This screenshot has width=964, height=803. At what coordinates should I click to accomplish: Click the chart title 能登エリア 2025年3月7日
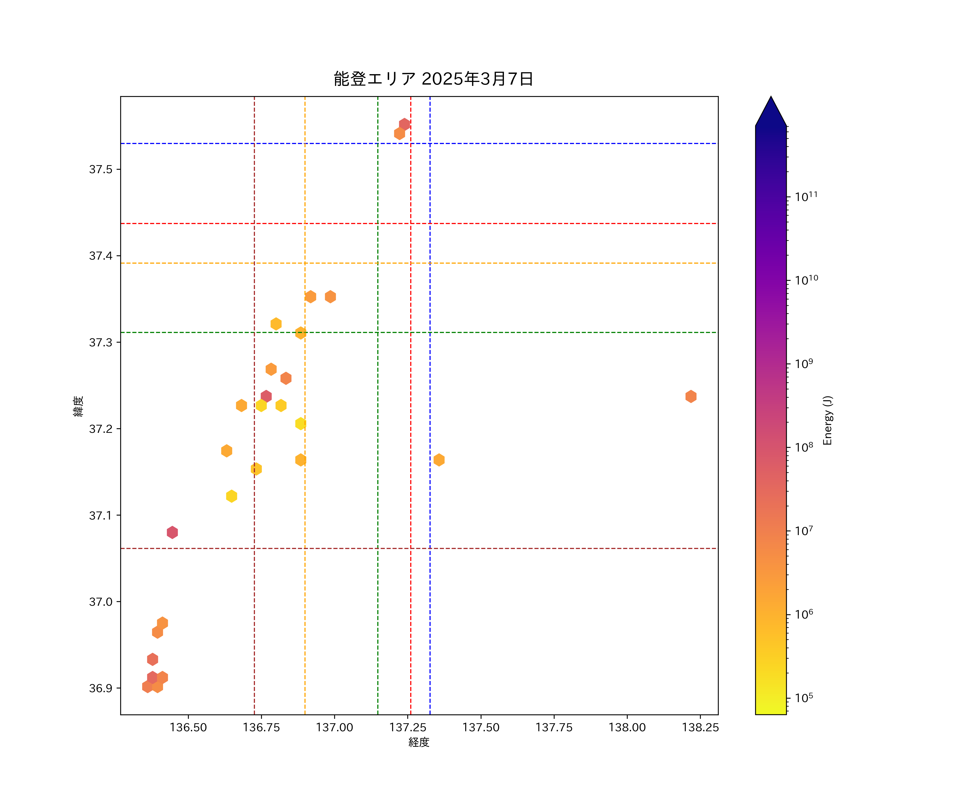pyautogui.click(x=433, y=79)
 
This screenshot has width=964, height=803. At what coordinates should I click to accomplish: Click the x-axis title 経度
pyautogui.click(x=419, y=742)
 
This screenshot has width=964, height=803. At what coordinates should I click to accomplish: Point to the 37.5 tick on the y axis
pyautogui.click(x=100, y=169)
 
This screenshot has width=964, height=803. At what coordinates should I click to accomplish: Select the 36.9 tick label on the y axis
pyautogui.click(x=100, y=688)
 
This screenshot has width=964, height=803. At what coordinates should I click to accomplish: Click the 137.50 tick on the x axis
pyautogui.click(x=481, y=727)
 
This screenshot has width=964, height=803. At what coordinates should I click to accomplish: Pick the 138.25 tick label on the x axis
pyautogui.click(x=700, y=727)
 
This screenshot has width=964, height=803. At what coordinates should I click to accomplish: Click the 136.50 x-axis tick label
pyautogui.click(x=188, y=727)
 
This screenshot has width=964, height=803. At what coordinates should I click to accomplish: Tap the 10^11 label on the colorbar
pyautogui.click(x=806, y=197)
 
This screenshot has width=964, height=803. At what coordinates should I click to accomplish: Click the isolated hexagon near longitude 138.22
pyautogui.click(x=691, y=396)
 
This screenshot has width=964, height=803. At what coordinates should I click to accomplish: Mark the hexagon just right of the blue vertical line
pyautogui.click(x=439, y=460)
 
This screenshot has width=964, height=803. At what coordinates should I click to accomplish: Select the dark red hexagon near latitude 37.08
pyautogui.click(x=172, y=532)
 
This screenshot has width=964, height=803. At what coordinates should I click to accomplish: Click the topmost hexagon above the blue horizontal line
pyautogui.click(x=404, y=124)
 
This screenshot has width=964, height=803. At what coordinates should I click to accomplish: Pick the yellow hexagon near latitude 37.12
pyautogui.click(x=231, y=496)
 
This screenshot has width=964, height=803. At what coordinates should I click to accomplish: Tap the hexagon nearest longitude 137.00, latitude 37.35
pyautogui.click(x=330, y=297)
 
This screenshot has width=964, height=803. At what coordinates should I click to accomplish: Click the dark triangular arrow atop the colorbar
pyautogui.click(x=771, y=112)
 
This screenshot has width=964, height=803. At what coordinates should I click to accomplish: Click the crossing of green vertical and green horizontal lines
pyautogui.click(x=378, y=332)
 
